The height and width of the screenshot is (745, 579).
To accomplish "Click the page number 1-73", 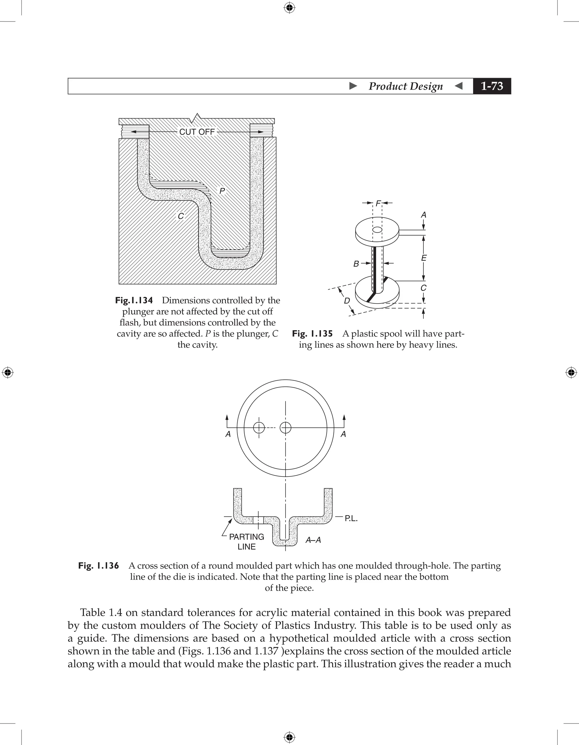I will click(492, 86).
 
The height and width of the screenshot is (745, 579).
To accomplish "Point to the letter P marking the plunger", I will click(222, 191).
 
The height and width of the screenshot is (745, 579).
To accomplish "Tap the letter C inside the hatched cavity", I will click(181, 216).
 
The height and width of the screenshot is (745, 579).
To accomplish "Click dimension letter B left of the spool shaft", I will click(356, 264).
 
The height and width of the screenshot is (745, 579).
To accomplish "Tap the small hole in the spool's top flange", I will click(377, 229).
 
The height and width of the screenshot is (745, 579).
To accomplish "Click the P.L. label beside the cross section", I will click(351, 519).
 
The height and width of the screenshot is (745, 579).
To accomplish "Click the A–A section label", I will click(313, 540).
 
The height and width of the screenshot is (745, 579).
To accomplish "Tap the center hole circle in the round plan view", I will click(286, 427).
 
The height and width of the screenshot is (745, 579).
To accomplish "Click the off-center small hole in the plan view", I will click(259, 427).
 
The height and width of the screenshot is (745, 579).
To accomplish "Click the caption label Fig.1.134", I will click(134, 300).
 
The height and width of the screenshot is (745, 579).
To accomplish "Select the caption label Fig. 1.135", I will click(312, 333).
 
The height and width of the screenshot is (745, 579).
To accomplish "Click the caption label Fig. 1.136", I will click(98, 566).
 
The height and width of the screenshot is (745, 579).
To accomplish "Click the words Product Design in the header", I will click(405, 86).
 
